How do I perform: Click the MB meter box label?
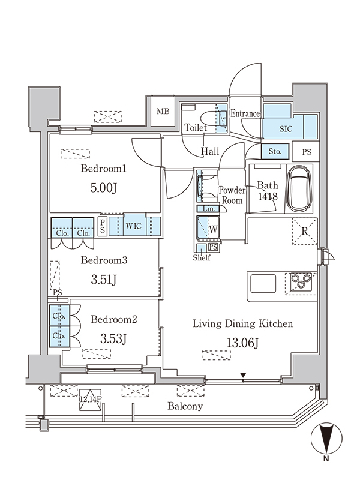pyautogui.click(x=163, y=112)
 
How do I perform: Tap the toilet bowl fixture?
pyautogui.click(x=209, y=118)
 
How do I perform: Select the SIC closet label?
pyautogui.click(x=286, y=129)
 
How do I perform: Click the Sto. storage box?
pyautogui.click(x=275, y=151)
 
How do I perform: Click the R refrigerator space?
pyautogui.click(x=305, y=231)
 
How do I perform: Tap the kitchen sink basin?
pyautogui.click(x=263, y=283)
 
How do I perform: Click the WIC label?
pyautogui.click(x=133, y=226)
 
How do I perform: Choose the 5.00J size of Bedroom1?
pyautogui.click(x=104, y=188)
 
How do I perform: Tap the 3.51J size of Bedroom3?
pyautogui.click(x=104, y=280)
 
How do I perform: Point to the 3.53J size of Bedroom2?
pyautogui.click(x=113, y=338)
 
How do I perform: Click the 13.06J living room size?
pyautogui.click(x=243, y=343)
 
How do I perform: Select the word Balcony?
pyautogui.click(x=185, y=406)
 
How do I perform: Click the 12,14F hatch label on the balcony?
pyautogui.click(x=91, y=399)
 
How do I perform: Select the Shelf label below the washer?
pyautogui.click(x=202, y=258)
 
